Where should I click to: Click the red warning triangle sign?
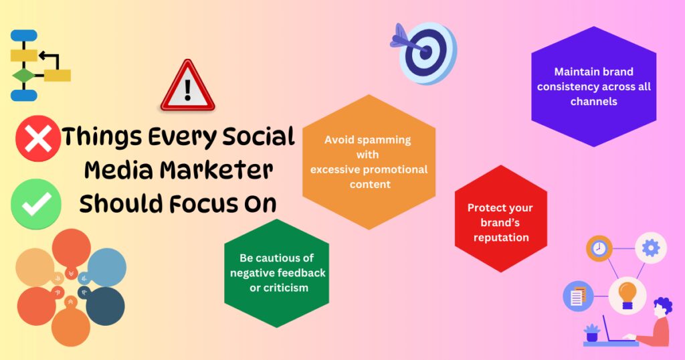point(187,86)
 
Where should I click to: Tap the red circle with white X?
point(38,138)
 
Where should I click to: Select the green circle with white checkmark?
point(36,204)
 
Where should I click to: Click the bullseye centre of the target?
point(425,52)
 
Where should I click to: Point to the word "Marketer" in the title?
point(216,170)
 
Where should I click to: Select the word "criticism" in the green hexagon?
point(279,288)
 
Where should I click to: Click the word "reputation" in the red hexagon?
point(501,238)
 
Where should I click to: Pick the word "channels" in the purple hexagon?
point(594,101)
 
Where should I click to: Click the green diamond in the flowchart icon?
point(23,76)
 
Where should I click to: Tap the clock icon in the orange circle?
point(599,248)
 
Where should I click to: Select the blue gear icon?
point(651,248)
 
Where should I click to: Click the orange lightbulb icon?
point(627,295)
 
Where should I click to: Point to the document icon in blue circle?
point(577,296)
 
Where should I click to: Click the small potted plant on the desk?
point(592,333)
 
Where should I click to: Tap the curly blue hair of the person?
point(663,306)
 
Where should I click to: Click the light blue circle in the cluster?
point(106,266)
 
